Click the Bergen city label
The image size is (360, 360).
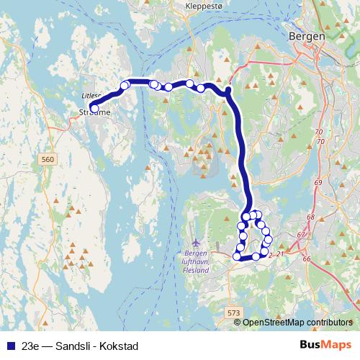(x=306, y=35)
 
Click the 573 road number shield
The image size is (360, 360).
(x=233, y=313)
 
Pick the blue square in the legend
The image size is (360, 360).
(x=9, y=345)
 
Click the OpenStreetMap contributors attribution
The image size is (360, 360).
(x=297, y=323)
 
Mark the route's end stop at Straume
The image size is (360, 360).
(x=94, y=109)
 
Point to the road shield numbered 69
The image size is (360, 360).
(x=318, y=183)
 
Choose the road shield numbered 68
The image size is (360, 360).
(x=311, y=217)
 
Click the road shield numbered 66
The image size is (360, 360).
(x=306, y=258)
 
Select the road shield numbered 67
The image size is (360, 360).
(x=302, y=235)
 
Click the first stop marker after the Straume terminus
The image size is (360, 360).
(x=124, y=86)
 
